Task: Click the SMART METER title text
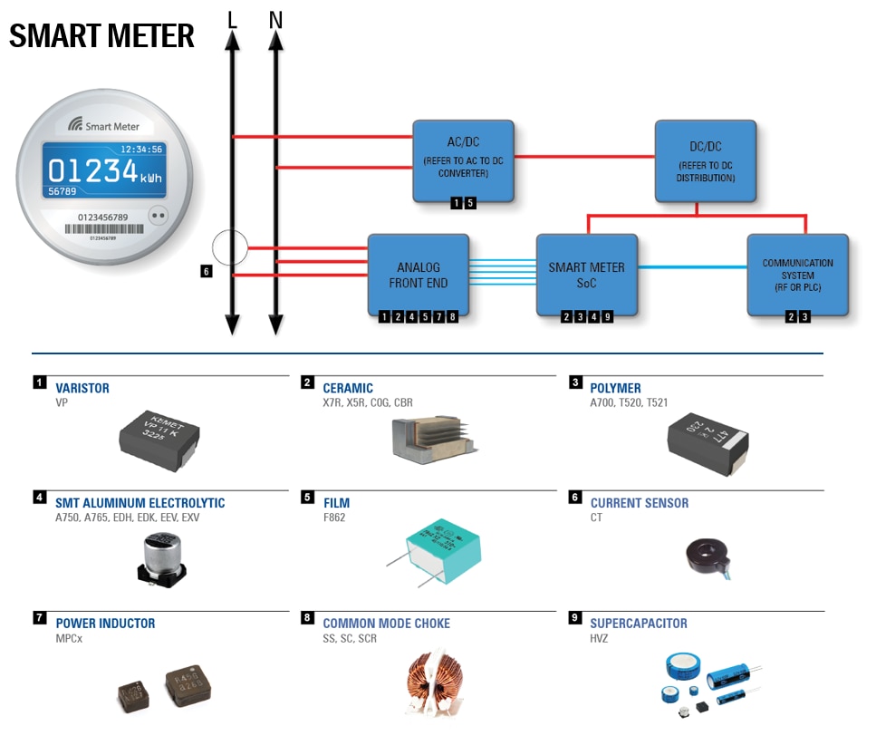click(101, 36)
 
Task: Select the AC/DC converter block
click(463, 159)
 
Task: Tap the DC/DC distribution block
click(705, 159)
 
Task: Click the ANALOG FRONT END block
click(418, 275)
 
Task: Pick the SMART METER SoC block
click(586, 275)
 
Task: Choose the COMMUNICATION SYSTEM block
click(797, 275)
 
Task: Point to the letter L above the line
click(232, 19)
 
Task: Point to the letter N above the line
click(275, 19)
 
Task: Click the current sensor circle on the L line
click(229, 247)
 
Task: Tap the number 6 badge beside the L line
click(207, 271)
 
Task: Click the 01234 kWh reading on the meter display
click(104, 171)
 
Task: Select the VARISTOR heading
click(82, 388)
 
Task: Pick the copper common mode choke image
click(432, 682)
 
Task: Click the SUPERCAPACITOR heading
click(638, 624)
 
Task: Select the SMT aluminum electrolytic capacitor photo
click(162, 559)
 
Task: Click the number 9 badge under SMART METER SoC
click(608, 316)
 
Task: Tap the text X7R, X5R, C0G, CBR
click(367, 402)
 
